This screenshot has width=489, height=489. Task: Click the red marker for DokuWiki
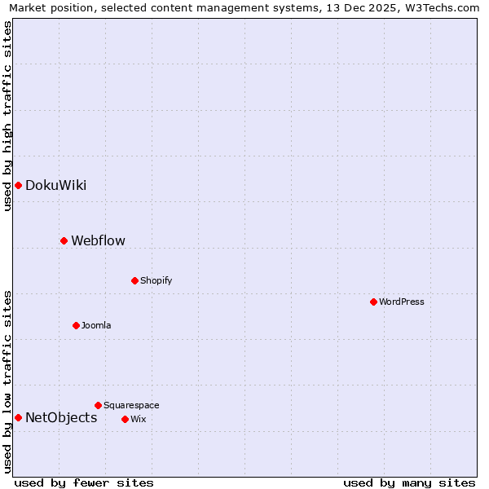click(18, 185)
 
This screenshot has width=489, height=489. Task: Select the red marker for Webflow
click(64, 240)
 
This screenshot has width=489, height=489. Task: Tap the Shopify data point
click(134, 280)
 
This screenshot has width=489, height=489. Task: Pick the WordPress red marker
click(373, 302)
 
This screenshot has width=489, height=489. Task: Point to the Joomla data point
click(76, 325)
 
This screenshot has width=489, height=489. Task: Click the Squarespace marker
click(98, 405)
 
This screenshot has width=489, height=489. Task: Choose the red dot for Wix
click(125, 419)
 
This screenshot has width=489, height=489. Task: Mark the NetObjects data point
click(18, 418)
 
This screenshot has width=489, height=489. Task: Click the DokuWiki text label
click(55, 185)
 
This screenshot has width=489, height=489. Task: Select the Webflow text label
click(98, 240)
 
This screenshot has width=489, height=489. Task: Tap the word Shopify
click(156, 280)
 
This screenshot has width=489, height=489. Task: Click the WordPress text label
click(401, 302)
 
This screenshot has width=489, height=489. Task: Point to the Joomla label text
click(96, 325)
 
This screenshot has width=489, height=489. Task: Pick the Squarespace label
click(131, 405)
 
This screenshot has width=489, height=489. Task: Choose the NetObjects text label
click(61, 418)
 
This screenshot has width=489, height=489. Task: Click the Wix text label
click(138, 419)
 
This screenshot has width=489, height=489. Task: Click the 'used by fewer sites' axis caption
click(84, 482)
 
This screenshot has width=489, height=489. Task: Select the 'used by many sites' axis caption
click(409, 482)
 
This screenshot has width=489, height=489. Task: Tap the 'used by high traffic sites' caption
click(7, 116)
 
